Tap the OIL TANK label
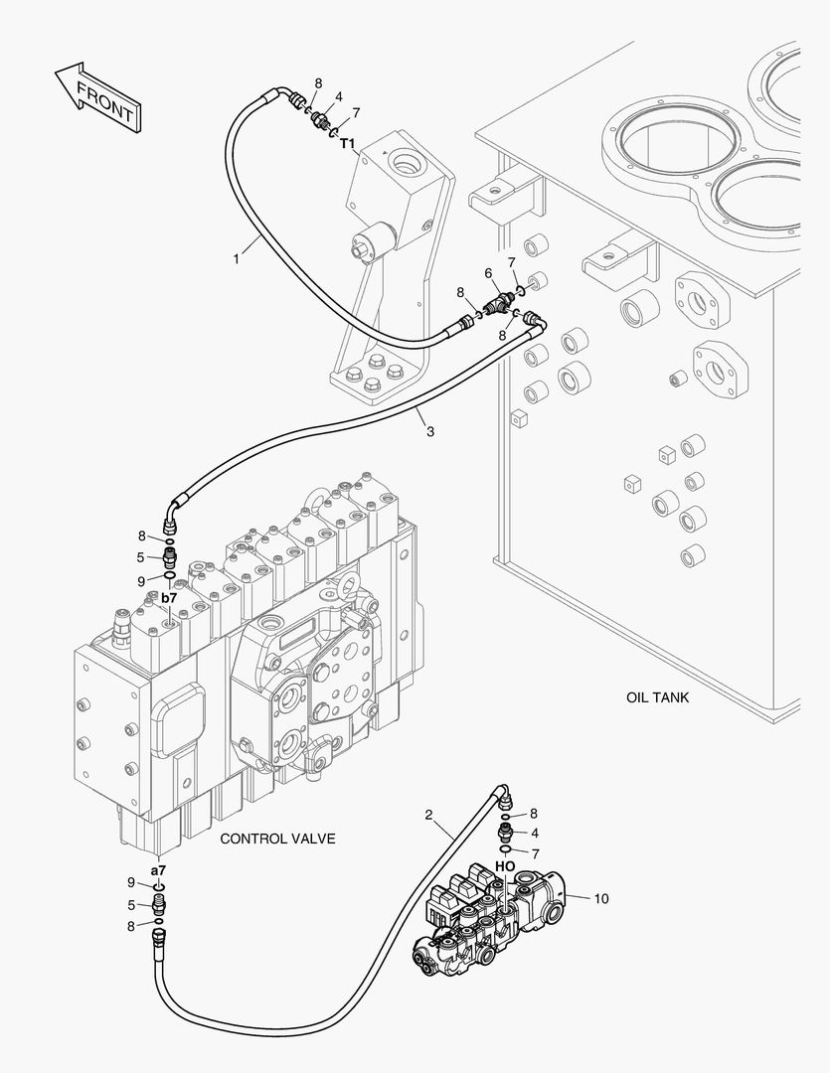657,697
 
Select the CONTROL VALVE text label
277,839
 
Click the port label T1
348,143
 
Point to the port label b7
169,597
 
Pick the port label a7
158,870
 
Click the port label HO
505,866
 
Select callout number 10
600,898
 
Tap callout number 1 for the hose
237,259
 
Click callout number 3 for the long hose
430,432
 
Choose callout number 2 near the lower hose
428,815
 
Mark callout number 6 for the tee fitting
488,274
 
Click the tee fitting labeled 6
501,303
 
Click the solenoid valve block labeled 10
493,917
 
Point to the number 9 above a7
131,883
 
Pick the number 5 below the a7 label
131,905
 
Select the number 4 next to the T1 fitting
338,97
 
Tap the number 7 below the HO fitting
535,854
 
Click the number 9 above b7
141,581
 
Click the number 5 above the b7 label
140,557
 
